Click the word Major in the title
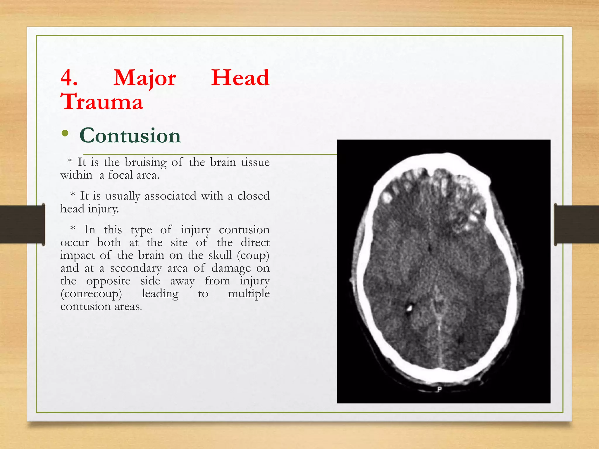pyautogui.click(x=144, y=78)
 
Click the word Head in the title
pyautogui.click(x=240, y=78)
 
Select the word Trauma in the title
pyautogui.click(x=102, y=101)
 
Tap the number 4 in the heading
pyautogui.click(x=69, y=78)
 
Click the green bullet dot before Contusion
pyautogui.click(x=65, y=134)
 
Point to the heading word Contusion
pyautogui.click(x=130, y=136)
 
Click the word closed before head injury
pyautogui.click(x=253, y=196)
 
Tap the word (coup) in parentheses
pyautogui.click(x=253, y=255)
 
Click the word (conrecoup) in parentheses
pyautogui.click(x=91, y=294)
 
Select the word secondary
pyautogui.click(x=136, y=268)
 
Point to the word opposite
pyautogui.click(x=108, y=281)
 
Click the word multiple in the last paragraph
pyautogui.click(x=249, y=293)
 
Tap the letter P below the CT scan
pyautogui.click(x=439, y=389)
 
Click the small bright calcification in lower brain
pyautogui.click(x=409, y=308)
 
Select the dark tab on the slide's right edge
pyautogui.click(x=576, y=224)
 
